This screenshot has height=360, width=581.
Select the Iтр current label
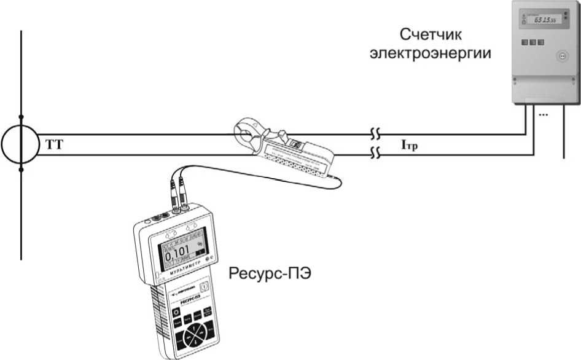[409, 146]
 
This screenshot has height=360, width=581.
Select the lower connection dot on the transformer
[21, 170]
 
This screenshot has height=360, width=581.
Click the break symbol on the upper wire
[375, 133]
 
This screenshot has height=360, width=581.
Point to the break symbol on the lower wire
[375, 154]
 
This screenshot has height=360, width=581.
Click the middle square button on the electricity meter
[532, 42]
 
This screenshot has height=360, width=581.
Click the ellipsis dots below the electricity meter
[543, 114]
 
